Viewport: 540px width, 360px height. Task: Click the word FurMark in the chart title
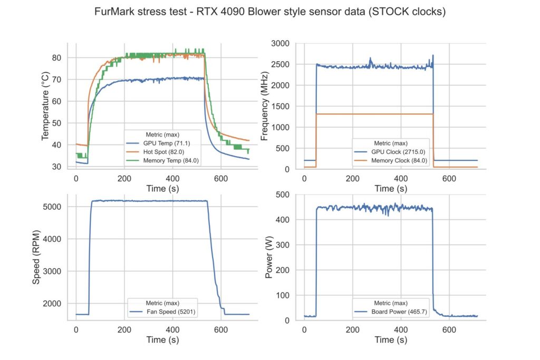tap(112, 12)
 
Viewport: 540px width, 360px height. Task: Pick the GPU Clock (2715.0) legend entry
tap(391, 152)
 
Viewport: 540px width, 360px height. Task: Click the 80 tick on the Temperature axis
tap(56, 57)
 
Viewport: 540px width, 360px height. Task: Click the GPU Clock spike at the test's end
tap(433, 56)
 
